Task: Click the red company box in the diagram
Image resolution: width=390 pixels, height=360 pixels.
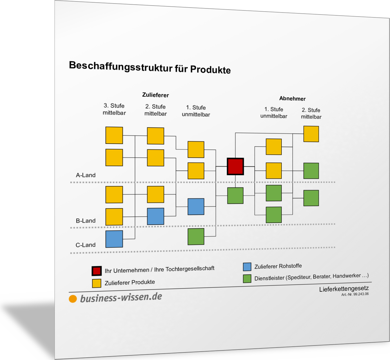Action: (x=235, y=167)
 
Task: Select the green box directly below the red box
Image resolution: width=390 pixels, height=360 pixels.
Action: (x=235, y=196)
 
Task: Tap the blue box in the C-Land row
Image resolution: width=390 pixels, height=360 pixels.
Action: (x=114, y=239)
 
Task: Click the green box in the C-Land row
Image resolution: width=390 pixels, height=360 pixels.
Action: (x=196, y=237)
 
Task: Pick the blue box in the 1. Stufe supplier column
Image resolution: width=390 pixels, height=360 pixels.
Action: (x=196, y=207)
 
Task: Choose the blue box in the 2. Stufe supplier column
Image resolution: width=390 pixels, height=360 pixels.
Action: (x=155, y=216)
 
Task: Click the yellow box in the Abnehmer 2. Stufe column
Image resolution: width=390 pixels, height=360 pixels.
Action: (x=311, y=134)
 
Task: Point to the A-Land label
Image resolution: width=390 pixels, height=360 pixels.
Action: (x=86, y=175)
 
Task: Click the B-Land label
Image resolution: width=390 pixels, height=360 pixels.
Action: (x=86, y=221)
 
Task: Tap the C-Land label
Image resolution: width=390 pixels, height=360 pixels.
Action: (x=86, y=245)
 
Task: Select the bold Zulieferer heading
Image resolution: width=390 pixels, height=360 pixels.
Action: (x=155, y=95)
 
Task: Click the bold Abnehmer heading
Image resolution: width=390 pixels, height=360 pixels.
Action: (x=292, y=98)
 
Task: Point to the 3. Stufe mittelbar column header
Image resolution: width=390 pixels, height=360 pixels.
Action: (x=114, y=109)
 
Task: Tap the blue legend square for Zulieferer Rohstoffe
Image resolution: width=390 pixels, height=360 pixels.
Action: (x=247, y=267)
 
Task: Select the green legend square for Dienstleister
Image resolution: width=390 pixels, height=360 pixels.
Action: (x=247, y=279)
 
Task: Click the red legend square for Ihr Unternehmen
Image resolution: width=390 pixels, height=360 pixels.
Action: (x=97, y=271)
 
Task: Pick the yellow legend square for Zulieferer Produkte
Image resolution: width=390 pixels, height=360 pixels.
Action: (x=97, y=283)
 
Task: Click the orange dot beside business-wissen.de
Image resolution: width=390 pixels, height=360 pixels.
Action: (x=73, y=299)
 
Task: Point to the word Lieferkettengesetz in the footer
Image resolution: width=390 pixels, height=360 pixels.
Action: (x=344, y=289)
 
